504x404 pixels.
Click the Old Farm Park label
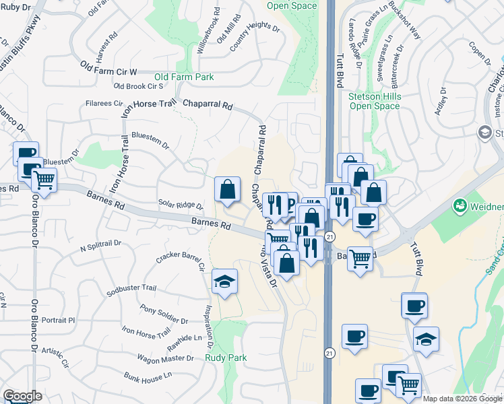click(x=184, y=77)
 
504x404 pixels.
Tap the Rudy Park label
click(x=226, y=358)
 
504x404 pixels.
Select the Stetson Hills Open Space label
click(x=370, y=101)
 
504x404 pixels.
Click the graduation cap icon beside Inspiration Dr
click(x=224, y=281)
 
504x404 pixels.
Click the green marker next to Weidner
click(x=460, y=205)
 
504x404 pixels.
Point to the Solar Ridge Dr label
click(x=180, y=205)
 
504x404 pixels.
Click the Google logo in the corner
click(x=22, y=396)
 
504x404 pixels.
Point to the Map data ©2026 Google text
click(x=462, y=399)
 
